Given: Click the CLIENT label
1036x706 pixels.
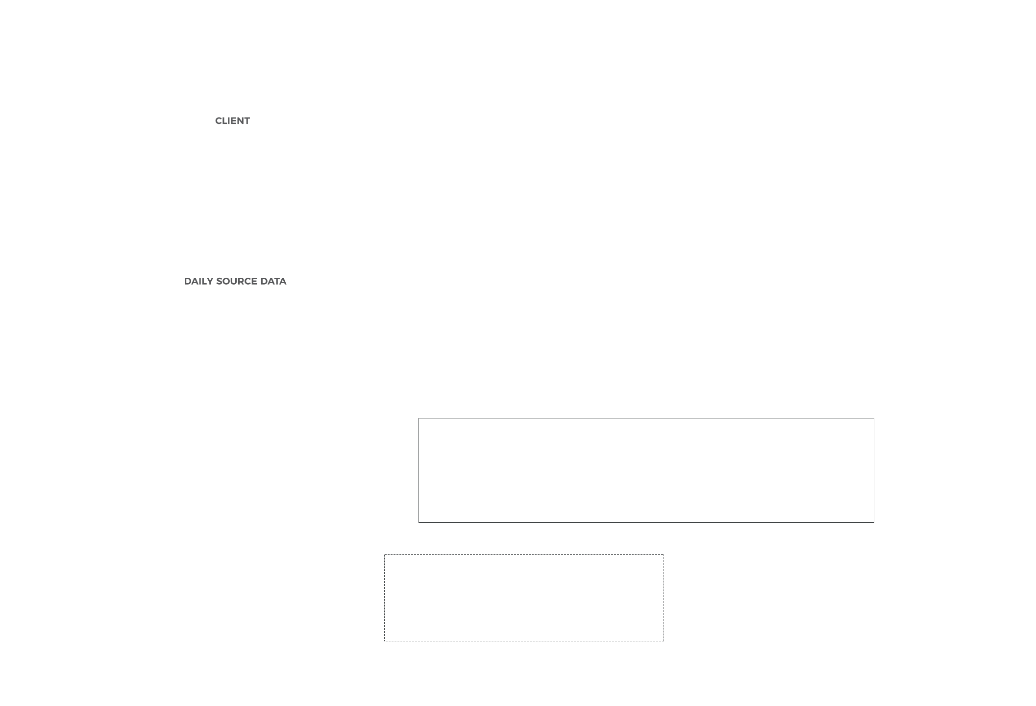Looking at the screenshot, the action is point(232,121).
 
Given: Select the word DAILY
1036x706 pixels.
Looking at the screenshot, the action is point(198,281).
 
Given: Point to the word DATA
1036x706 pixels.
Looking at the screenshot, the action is point(273,281).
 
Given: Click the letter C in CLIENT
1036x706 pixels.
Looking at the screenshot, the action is point(219,121).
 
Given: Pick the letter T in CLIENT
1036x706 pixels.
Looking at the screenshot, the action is point(247,121).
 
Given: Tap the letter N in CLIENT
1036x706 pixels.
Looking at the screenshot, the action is point(239,121).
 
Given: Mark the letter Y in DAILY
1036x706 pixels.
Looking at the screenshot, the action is point(210,281).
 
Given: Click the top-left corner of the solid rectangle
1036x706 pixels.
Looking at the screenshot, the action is point(419,418).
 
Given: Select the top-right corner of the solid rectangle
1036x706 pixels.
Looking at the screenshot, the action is point(874,418).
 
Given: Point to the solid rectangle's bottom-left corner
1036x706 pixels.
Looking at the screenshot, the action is point(419,522).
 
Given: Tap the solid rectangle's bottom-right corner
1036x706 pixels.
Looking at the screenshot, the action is point(874,522).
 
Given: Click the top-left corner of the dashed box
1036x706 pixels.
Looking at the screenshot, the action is point(385,555).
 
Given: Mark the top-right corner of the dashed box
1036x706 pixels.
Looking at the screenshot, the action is point(664,555).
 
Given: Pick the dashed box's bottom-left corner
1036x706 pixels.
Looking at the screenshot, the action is point(385,641).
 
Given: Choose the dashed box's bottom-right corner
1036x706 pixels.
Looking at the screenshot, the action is point(664,641).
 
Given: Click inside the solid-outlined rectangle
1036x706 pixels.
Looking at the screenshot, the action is point(646,470).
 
